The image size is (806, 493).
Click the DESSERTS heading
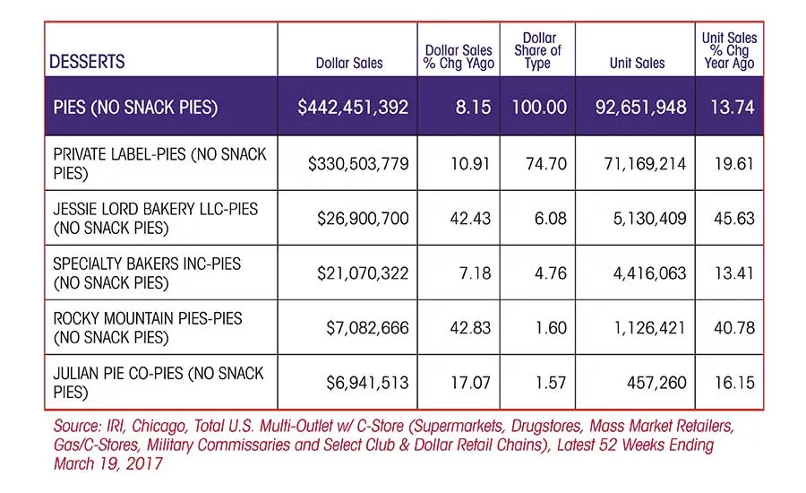coord(87,62)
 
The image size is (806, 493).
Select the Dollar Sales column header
coord(349,64)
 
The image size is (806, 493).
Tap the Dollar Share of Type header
coord(537,50)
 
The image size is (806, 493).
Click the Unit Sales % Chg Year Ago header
coord(729,50)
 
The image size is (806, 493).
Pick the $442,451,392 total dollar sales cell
coord(353,107)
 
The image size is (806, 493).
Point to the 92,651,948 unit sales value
coord(640,107)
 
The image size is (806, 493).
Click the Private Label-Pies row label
coord(160,164)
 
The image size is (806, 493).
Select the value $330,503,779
coord(358,164)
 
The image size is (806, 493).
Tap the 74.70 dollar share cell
coord(546,164)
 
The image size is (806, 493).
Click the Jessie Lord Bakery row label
coord(155,218)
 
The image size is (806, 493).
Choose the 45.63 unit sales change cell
coord(734,218)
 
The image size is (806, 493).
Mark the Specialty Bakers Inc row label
coord(147,272)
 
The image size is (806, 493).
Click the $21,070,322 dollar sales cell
coord(363,273)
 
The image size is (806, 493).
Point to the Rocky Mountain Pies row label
coord(148,328)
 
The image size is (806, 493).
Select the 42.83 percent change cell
coord(470,328)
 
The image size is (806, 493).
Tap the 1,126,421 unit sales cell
coord(650,328)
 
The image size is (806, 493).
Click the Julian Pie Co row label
coord(159,383)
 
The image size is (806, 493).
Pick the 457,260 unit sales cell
coord(656,383)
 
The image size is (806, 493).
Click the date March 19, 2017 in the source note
coord(108,463)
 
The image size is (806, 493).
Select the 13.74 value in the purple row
coord(733,107)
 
